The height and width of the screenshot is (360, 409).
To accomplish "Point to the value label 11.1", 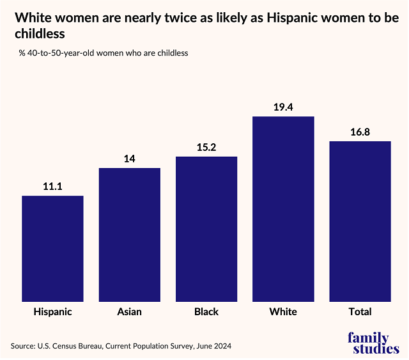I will (52, 186).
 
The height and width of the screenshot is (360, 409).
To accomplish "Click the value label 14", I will (129, 159).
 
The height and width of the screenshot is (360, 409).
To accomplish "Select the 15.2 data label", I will (206, 147).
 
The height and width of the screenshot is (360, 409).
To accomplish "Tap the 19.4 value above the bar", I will (283, 107).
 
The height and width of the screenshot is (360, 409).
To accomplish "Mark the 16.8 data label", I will (360, 132).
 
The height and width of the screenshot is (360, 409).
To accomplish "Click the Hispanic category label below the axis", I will (52, 312).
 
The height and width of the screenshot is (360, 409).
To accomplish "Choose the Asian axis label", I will (129, 312).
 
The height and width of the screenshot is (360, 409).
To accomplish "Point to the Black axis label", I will (206, 312).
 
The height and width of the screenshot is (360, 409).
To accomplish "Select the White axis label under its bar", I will (283, 312).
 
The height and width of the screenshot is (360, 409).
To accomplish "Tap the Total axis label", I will (360, 312).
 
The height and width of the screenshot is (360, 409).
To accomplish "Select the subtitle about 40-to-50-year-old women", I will (104, 53).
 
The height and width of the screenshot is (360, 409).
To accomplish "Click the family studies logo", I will (373, 343).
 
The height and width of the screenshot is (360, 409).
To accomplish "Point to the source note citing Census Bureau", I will (121, 346).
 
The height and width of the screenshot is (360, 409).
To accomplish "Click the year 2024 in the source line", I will (220, 346).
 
